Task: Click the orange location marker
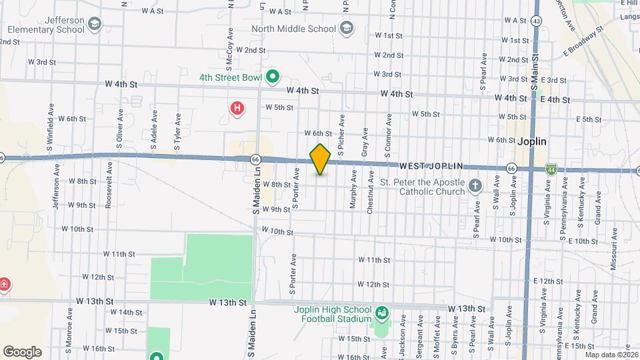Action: click(321, 159)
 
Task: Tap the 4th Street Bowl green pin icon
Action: click(272, 77)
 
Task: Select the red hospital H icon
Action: click(236, 108)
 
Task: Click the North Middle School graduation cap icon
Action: click(346, 29)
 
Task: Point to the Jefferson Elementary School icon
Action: click(95, 25)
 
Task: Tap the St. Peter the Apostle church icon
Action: click(475, 185)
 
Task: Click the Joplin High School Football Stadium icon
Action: click(382, 312)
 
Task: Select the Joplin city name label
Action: click(531, 142)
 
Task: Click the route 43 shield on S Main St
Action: click(537, 21)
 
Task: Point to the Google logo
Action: click(22, 351)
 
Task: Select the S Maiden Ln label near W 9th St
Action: click(255, 193)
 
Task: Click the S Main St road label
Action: click(534, 70)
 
